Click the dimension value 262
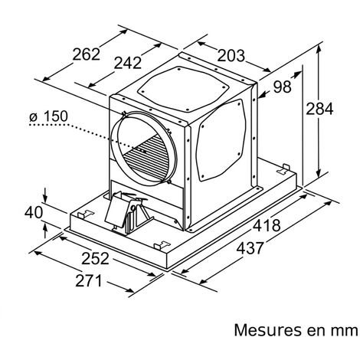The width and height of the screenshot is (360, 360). (x=86, y=54)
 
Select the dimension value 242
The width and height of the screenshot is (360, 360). (x=127, y=63)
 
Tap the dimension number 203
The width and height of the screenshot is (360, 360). (x=231, y=56)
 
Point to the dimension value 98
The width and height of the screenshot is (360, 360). (x=282, y=87)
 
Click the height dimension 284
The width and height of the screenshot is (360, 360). (x=319, y=109)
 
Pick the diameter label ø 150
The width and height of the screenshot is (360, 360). (x=48, y=116)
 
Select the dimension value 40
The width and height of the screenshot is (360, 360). (x=34, y=212)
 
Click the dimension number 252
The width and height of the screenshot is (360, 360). (x=95, y=258)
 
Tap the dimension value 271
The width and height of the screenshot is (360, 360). (x=89, y=281)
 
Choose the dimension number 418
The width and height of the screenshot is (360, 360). (x=267, y=225)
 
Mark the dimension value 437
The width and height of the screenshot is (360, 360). (x=250, y=248)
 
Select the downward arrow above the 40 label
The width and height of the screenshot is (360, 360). (x=45, y=195)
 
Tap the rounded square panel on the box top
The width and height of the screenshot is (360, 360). (x=183, y=90)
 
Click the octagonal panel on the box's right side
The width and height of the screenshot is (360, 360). (x=221, y=140)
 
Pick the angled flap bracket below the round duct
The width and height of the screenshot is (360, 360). (x=116, y=209)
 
